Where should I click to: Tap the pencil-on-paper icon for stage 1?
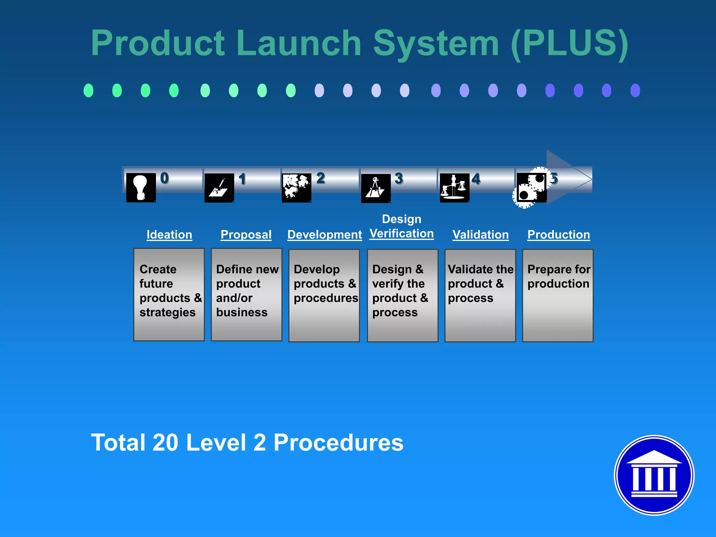(x=219, y=188)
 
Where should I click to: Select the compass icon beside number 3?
(x=375, y=188)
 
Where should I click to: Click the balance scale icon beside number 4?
(x=454, y=188)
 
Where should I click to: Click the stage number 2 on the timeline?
(x=321, y=178)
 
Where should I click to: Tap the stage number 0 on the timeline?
(x=164, y=178)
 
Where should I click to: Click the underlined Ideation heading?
(x=169, y=235)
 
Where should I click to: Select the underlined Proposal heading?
(x=246, y=235)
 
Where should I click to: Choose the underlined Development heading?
(x=324, y=235)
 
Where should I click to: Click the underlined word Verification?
(x=402, y=234)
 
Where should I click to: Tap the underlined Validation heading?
(x=480, y=235)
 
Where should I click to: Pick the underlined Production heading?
(x=559, y=235)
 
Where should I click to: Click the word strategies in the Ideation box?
(x=167, y=312)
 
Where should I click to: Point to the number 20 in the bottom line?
(x=165, y=443)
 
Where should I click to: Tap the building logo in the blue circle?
(x=654, y=475)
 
